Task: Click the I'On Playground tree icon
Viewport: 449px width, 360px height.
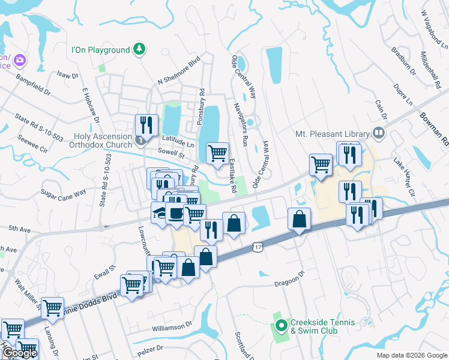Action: pyautogui.click(x=139, y=49)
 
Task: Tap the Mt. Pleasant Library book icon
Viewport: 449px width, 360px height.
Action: pyautogui.click(x=379, y=133)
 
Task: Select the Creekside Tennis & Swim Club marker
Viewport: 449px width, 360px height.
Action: pyautogui.click(x=281, y=327)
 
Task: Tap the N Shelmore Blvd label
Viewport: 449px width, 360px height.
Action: pyautogui.click(x=178, y=71)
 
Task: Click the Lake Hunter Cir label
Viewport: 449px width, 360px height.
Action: pyautogui.click(x=404, y=178)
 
